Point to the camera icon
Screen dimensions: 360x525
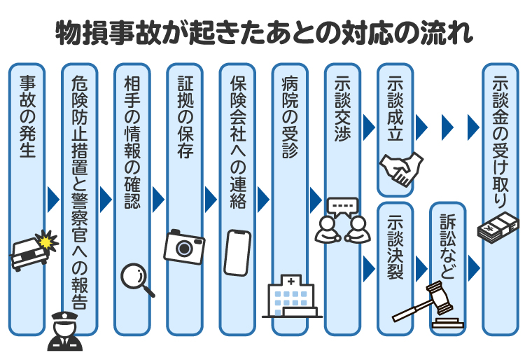(184, 246)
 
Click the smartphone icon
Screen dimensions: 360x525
(237, 253)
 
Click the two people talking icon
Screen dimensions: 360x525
(342, 220)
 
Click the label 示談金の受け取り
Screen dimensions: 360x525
(500, 144)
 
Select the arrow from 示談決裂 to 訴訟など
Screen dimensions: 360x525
(421, 268)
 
